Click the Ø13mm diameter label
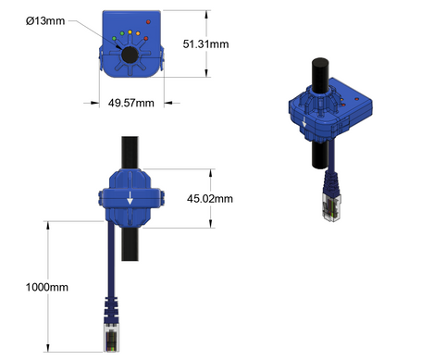pos(71,19)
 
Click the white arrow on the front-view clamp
pos(130,196)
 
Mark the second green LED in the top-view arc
pos(120,36)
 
